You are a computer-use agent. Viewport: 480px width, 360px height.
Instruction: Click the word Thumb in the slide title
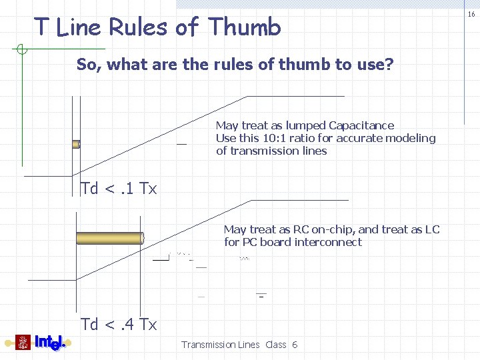[x=244, y=27]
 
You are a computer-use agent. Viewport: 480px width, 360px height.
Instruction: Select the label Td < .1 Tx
[x=119, y=189]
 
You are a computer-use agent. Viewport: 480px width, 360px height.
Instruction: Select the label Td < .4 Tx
[x=119, y=325]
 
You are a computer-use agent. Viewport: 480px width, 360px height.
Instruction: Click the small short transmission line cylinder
[x=76, y=143]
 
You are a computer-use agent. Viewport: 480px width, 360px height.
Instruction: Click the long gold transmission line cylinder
[x=110, y=238]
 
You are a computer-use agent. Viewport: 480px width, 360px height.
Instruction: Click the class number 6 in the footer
[x=295, y=345]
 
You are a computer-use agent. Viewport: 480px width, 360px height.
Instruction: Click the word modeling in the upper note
[x=411, y=138]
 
